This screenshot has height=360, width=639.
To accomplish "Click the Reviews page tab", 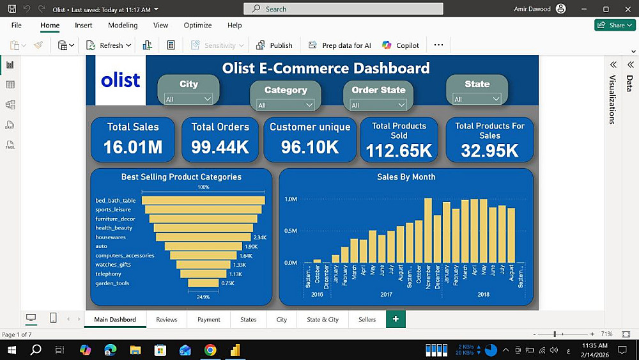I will coord(166,319).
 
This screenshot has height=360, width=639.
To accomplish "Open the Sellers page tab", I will coord(367,319).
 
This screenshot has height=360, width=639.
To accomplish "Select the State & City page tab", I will coord(323,319).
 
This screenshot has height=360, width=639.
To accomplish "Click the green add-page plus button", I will coord(396,318).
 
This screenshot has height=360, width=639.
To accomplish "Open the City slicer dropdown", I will coord(189,99).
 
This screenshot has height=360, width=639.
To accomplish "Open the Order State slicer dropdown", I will coord(378,105).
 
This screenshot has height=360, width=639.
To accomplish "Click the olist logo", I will coord(120,80).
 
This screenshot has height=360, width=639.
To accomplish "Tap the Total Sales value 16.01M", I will coord(133,147).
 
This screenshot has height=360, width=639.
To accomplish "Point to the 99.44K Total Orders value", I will coord(220,147).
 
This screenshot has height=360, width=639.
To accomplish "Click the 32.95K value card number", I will coord(489,150).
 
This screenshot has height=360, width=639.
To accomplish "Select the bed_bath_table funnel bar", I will coord(203,200).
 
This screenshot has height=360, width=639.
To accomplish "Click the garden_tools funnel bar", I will coord(203,283).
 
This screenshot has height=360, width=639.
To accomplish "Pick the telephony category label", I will coord(109,274).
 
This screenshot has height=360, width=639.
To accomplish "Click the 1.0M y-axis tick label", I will coord(291,200).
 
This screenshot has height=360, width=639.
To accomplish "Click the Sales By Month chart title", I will coord(406,177).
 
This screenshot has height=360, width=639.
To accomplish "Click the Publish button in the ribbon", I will coord(274,45).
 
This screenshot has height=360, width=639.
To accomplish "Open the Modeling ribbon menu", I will coord(123,25).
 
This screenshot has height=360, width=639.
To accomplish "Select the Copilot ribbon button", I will coord(401,45).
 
